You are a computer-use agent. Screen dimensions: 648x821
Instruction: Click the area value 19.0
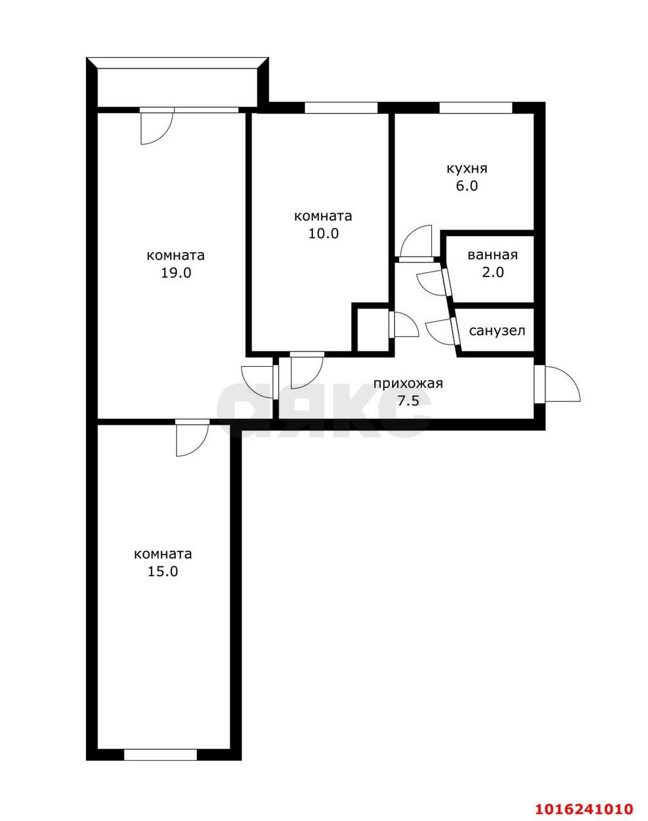pyautogui.click(x=176, y=273)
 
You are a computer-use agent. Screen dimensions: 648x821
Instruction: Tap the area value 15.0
pyautogui.click(x=162, y=571)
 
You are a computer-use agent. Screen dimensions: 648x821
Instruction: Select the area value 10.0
pyautogui.click(x=323, y=233)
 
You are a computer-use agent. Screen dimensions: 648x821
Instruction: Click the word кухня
pyautogui.click(x=466, y=169)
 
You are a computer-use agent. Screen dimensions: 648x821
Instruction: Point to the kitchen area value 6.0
pyautogui.click(x=466, y=186)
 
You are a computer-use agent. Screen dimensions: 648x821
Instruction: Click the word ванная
pyautogui.click(x=492, y=255)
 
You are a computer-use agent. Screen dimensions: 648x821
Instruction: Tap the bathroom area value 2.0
pyautogui.click(x=493, y=272)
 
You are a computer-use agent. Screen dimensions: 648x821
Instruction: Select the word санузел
pyautogui.click(x=497, y=331)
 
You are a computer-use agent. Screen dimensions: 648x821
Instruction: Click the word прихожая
pyautogui.click(x=408, y=384)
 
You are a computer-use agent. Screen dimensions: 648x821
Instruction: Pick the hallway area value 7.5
pyautogui.click(x=408, y=401)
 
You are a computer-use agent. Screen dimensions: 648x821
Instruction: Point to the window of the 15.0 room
pyautogui.click(x=160, y=755)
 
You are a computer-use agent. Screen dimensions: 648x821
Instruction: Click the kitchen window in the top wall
pyautogui.click(x=475, y=108)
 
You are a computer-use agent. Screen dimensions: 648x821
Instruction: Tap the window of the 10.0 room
pyautogui.click(x=341, y=108)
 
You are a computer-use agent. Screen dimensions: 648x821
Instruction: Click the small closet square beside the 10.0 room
pyautogui.click(x=373, y=330)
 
